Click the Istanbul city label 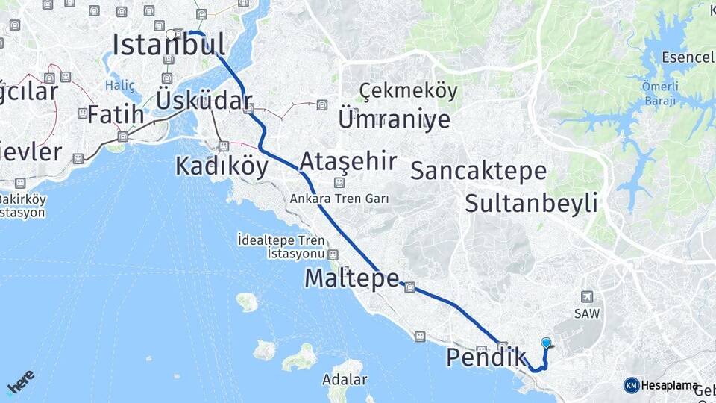(x=169, y=45)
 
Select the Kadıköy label (x=222, y=166)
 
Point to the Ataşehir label (x=348, y=161)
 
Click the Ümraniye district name (x=394, y=119)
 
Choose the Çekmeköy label (x=408, y=90)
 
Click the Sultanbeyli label (x=531, y=202)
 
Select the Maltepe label (x=351, y=278)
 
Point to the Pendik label (x=486, y=357)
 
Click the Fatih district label (x=115, y=116)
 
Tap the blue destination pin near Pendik (x=546, y=343)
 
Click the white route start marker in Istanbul (x=171, y=34)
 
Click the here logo (x=21, y=381)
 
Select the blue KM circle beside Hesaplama (x=631, y=385)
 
